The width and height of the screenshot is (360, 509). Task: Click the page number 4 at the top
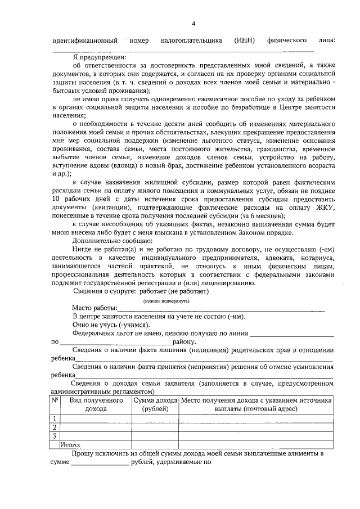click(x=193, y=24)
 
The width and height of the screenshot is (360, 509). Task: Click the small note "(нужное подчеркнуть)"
click(x=166, y=301)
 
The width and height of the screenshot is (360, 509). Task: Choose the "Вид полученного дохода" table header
click(x=96, y=404)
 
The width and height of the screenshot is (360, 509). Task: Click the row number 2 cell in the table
click(x=55, y=427)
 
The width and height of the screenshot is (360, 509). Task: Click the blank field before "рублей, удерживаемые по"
click(x=100, y=463)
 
